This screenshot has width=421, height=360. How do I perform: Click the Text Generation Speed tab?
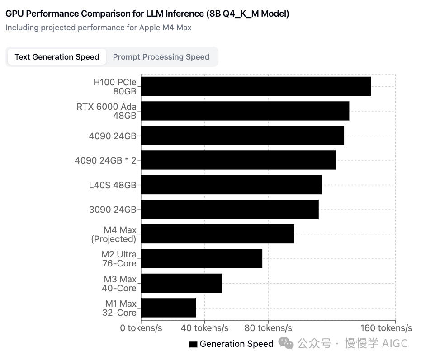click(57, 57)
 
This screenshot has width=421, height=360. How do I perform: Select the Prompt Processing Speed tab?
click(161, 57)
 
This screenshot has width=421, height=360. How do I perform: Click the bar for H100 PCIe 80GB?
click(255, 86)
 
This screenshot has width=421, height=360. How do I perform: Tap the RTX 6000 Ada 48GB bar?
click(245, 111)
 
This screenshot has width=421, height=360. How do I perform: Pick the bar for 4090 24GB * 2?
click(238, 160)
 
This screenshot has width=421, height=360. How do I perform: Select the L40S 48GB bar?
click(231, 185)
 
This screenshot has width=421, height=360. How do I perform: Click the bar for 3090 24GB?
click(230, 209)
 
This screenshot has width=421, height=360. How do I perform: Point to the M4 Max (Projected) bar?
click(218, 234)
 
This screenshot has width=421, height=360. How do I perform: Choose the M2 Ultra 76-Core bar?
click(202, 258)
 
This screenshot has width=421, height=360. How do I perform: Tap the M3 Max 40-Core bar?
click(181, 283)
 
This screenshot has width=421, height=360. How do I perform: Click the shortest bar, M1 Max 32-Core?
click(168, 308)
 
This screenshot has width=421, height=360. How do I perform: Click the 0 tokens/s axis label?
click(141, 328)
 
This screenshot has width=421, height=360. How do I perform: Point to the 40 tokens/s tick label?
click(204, 328)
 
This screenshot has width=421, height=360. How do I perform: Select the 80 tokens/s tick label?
click(268, 328)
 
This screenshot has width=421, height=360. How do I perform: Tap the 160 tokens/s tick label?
click(386, 328)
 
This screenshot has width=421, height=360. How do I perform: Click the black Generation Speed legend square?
click(193, 344)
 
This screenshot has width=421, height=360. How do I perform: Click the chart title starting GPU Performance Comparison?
click(147, 14)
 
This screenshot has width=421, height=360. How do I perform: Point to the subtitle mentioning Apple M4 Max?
click(99, 28)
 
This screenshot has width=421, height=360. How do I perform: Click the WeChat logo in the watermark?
click(286, 343)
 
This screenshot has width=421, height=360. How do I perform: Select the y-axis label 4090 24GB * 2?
click(105, 160)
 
